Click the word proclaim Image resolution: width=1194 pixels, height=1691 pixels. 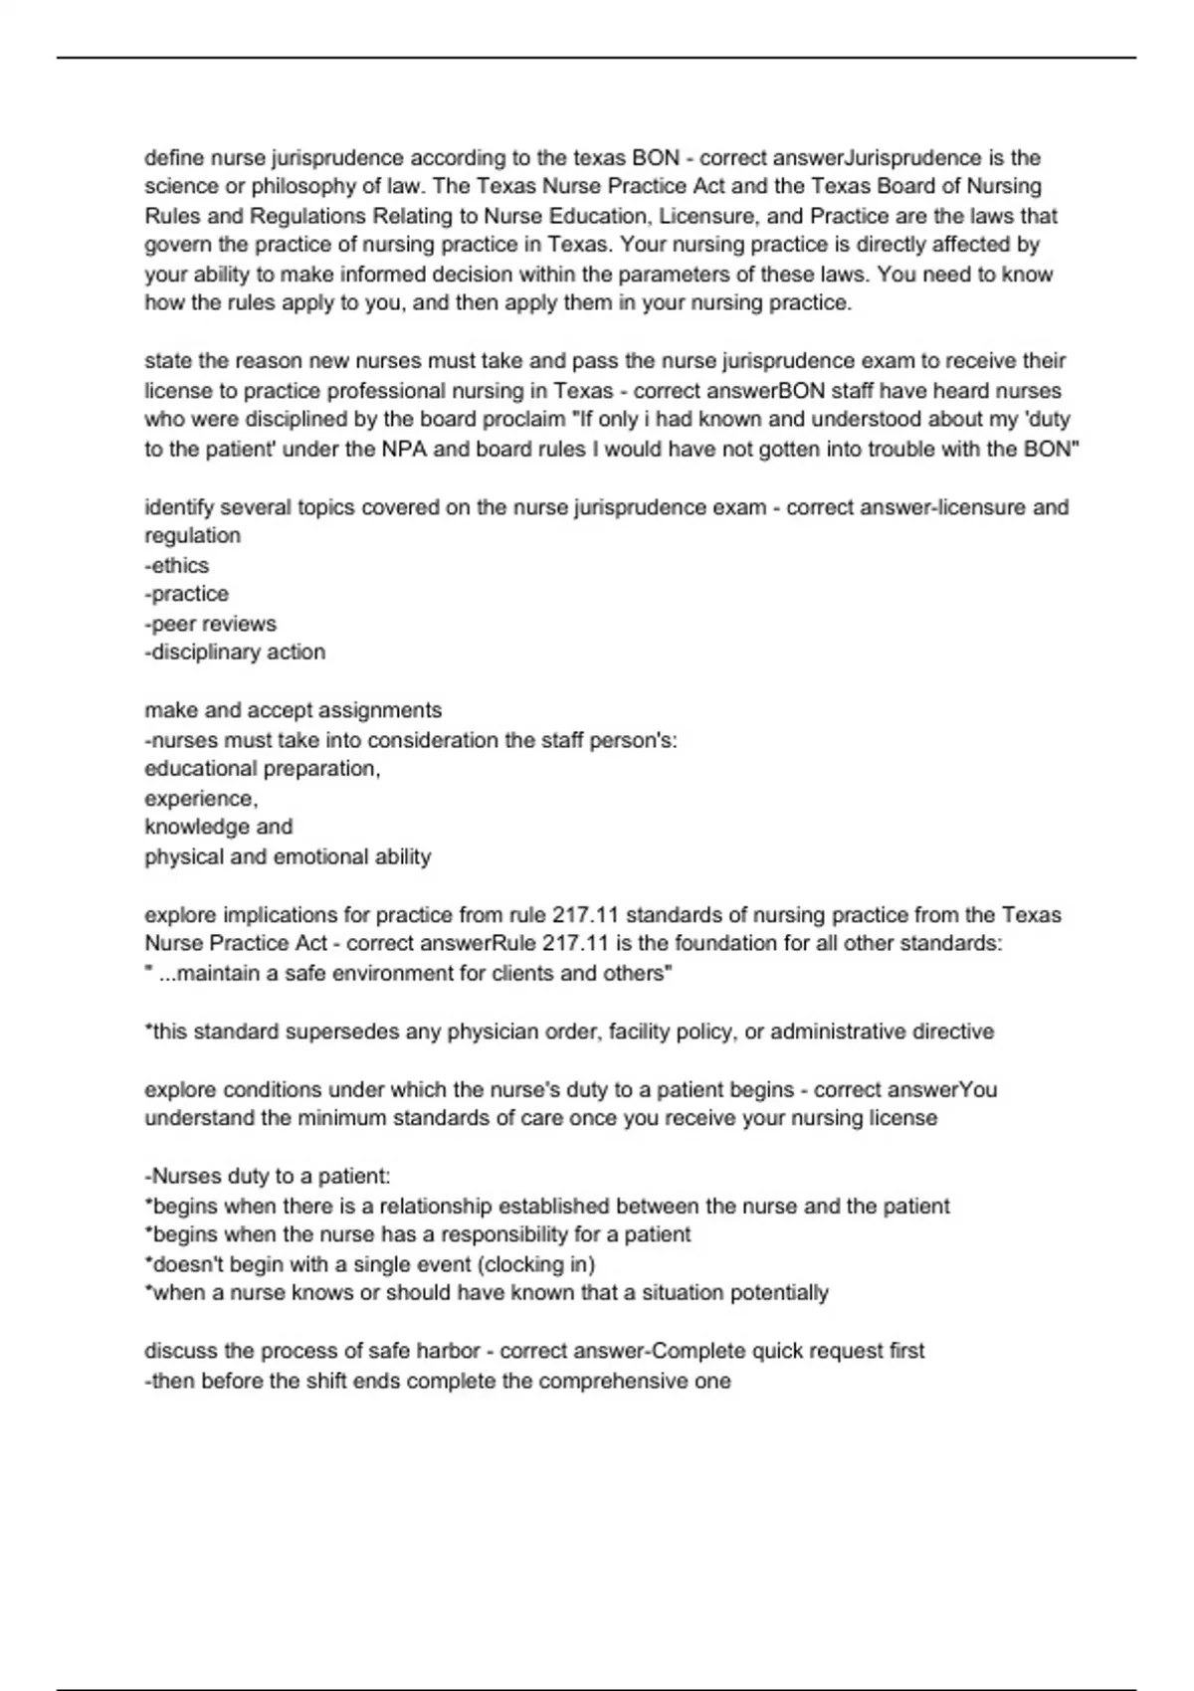point(523,420)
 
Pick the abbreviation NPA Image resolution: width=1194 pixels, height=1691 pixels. point(405,449)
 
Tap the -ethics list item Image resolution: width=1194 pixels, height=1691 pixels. point(177,565)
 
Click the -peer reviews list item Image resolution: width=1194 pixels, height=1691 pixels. point(211,624)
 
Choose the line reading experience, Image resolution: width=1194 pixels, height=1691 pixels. point(201,799)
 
